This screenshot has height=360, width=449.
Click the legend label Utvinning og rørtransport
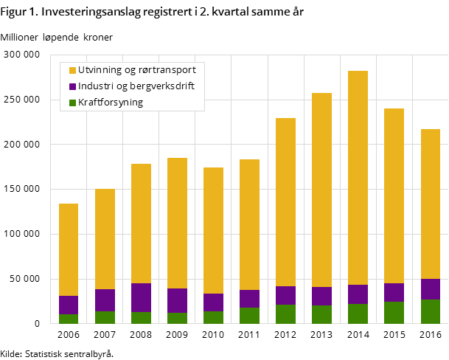coord(136,70)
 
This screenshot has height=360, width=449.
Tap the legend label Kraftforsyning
coord(111,103)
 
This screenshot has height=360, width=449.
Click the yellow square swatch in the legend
coord(72,70)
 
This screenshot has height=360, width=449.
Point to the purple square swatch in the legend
coord(72,86)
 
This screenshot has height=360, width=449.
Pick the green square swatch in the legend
coord(72,103)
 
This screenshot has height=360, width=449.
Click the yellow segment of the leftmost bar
coord(69,249)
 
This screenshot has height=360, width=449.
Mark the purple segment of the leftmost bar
coord(69,305)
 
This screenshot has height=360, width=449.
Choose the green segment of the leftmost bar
coord(69,319)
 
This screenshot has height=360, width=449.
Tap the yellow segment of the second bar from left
coord(105,239)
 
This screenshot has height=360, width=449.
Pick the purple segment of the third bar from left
coord(141,297)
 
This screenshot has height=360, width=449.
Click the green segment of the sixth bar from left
coord(249,316)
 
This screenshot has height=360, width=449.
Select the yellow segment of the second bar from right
coord(394,195)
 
